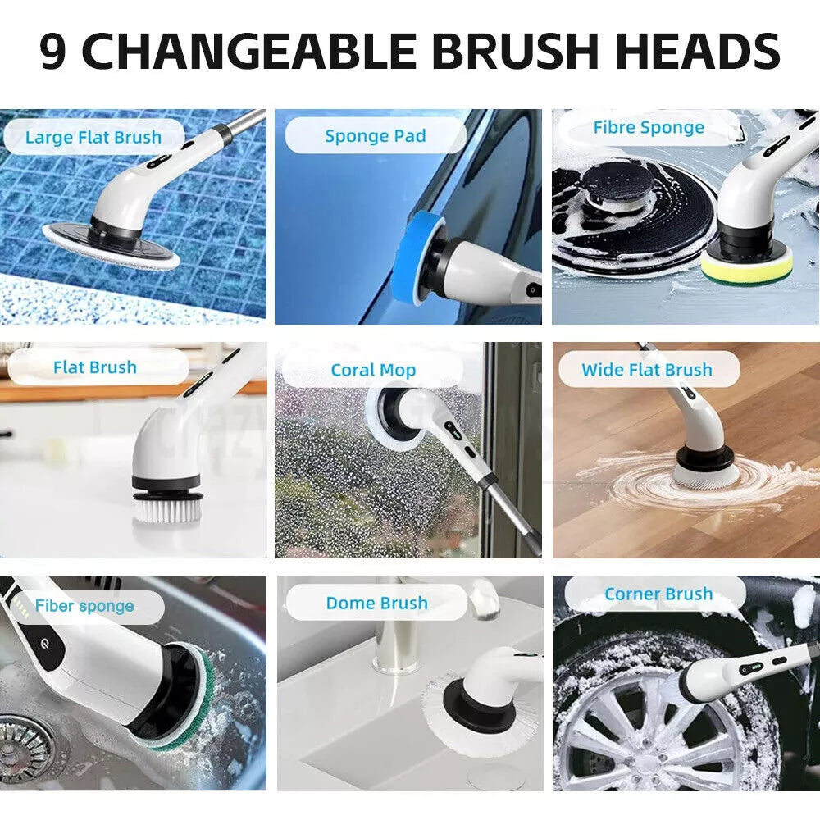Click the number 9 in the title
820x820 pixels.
54,52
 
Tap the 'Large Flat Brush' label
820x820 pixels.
93,137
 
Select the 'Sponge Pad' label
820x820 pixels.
375,136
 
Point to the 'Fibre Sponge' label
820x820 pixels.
648,128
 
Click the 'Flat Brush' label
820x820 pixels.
94,367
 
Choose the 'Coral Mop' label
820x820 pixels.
373,371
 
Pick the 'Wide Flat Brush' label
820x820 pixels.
646,370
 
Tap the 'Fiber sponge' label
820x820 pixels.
84,607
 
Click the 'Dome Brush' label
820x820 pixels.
376,604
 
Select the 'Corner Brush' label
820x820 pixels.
658,594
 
